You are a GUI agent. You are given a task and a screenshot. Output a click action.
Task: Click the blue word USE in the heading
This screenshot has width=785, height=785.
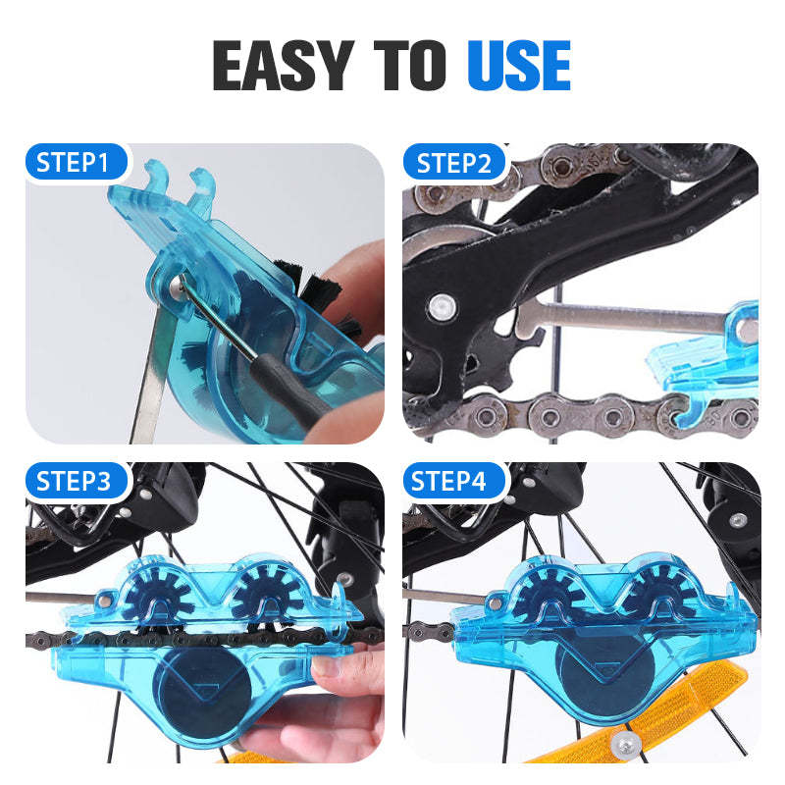[518, 66]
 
